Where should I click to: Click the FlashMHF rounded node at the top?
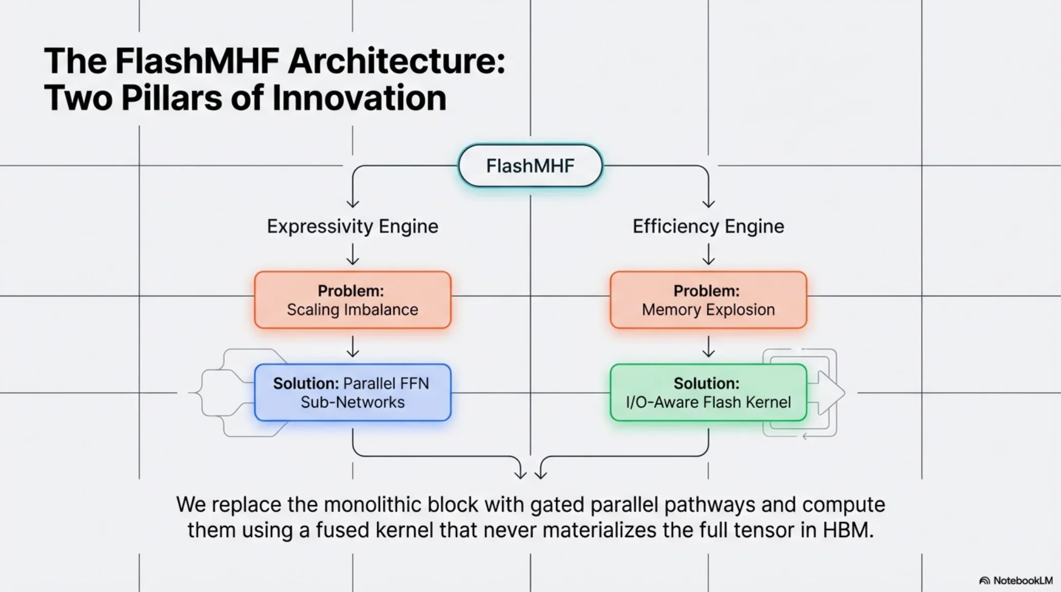click(530, 165)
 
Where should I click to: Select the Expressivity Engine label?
click(352, 226)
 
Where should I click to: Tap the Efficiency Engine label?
click(708, 226)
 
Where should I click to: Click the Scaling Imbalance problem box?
click(352, 300)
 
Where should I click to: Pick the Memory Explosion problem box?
click(708, 300)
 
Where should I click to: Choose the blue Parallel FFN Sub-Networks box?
click(352, 393)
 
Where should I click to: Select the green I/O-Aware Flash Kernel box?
click(708, 393)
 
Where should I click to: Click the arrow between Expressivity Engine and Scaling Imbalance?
click(353, 254)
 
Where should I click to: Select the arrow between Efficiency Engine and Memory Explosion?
click(708, 254)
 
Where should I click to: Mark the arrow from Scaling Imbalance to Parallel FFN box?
click(353, 347)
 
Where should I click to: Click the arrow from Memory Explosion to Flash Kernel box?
click(708, 347)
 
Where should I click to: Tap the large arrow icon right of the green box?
click(830, 393)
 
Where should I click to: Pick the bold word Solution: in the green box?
click(706, 383)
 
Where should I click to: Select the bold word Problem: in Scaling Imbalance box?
click(351, 291)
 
